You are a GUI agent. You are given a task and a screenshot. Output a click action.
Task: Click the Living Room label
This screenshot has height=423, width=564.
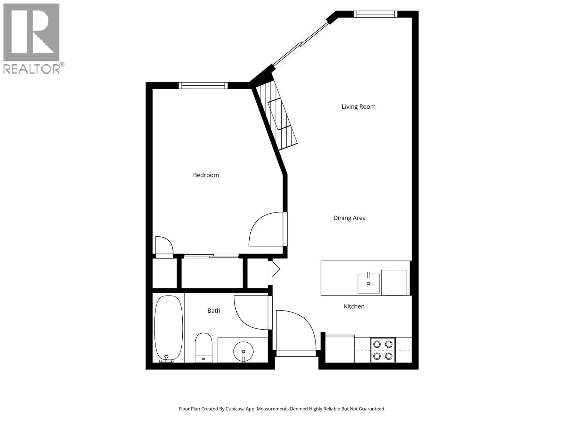(359, 107)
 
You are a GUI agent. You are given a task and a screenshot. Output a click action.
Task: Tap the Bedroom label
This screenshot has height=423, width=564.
(206, 175)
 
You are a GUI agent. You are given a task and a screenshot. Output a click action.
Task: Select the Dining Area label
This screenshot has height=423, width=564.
(349, 218)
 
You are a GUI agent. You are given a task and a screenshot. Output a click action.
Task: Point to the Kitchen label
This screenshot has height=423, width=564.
(354, 306)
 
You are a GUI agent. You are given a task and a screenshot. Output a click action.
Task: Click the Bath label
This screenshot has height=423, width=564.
(214, 310)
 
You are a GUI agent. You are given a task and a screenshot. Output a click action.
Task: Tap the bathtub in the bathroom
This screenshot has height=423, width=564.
(168, 328)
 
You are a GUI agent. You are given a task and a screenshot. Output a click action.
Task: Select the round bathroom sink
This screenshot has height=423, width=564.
(243, 351)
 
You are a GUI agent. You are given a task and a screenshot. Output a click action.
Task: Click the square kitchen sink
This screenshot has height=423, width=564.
(368, 283)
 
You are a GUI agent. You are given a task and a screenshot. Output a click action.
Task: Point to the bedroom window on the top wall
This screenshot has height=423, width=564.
(203, 85)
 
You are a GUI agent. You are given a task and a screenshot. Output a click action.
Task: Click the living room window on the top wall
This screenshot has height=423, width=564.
(375, 14)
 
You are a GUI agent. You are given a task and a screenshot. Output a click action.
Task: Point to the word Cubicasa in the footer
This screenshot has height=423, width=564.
(235, 409)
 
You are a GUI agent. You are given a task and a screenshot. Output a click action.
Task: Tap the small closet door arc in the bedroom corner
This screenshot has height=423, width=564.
(164, 245)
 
